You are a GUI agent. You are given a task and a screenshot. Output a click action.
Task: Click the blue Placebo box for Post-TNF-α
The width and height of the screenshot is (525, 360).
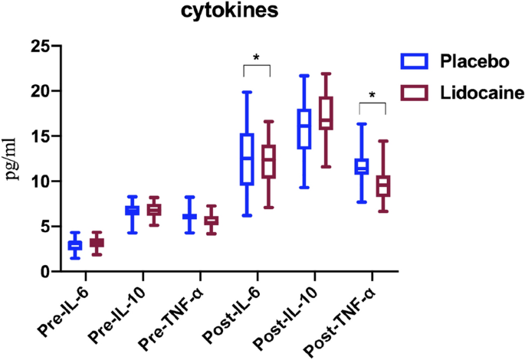[362, 166]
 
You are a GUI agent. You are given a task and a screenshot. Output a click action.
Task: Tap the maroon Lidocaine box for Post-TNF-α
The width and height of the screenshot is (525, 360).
[382, 186]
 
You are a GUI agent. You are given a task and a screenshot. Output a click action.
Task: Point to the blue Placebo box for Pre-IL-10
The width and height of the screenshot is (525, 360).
[132, 210]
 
